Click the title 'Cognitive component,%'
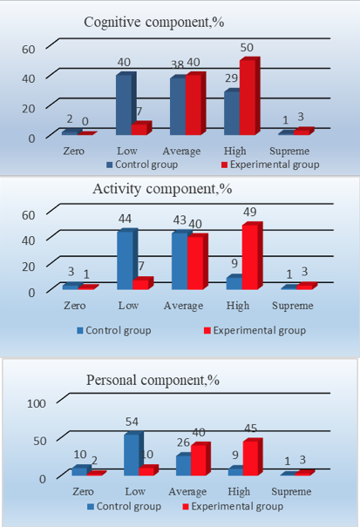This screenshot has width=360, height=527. (x=154, y=23)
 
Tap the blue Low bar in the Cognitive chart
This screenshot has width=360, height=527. (x=126, y=104)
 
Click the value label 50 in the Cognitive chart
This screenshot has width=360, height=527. (x=247, y=47)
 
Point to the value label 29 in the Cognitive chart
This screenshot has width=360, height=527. (x=232, y=78)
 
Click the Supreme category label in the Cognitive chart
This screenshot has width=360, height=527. (x=289, y=151)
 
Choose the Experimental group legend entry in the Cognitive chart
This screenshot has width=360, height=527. (x=270, y=165)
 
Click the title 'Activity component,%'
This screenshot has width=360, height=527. (x=162, y=189)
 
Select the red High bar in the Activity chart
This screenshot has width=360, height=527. (x=252, y=255)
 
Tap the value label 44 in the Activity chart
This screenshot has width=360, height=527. (x=125, y=220)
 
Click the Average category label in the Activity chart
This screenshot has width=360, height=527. (x=183, y=306)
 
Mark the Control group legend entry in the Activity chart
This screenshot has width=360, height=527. (x=113, y=330)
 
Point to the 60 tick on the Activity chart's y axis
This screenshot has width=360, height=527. (x=29, y=215)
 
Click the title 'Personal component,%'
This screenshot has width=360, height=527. (x=153, y=380)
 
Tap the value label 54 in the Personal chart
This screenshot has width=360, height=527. (x=132, y=422)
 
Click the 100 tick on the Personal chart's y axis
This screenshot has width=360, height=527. (x=37, y=403)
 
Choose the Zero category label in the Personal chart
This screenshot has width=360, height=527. (x=83, y=491)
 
